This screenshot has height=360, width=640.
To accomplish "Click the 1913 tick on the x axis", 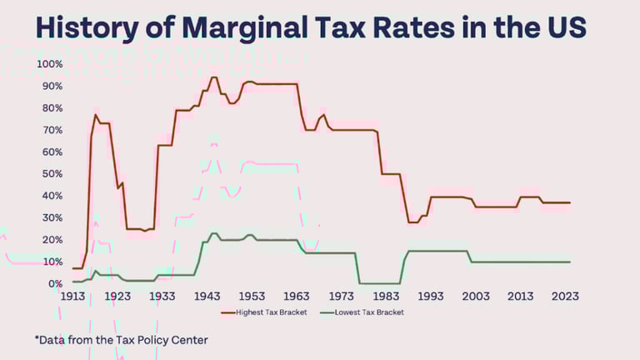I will [x=72, y=297].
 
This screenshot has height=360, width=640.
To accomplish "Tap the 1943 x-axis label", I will [x=207, y=297].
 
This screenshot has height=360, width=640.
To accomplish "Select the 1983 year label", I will [x=387, y=297].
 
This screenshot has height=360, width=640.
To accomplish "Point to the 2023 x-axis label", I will [x=566, y=297].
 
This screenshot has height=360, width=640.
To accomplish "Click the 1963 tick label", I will [x=297, y=297].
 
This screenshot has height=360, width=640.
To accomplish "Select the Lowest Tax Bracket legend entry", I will [x=368, y=312].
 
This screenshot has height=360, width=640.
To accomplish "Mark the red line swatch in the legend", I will [x=228, y=312].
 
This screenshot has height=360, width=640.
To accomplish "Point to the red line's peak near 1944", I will [x=213, y=77].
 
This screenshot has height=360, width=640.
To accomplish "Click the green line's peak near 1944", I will [x=213, y=233].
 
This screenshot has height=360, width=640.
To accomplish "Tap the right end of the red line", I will [x=570, y=202].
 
